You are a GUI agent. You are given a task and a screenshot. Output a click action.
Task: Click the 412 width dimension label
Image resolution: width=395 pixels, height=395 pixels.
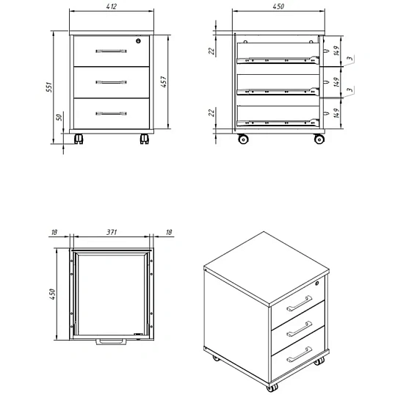[112, 7]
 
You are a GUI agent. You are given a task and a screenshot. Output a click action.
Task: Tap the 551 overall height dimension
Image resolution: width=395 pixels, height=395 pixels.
[49, 87]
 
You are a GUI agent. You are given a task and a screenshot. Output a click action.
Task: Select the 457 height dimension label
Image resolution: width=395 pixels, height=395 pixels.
[164, 81]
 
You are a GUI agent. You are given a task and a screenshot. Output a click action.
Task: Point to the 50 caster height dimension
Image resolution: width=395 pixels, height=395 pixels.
[59, 117]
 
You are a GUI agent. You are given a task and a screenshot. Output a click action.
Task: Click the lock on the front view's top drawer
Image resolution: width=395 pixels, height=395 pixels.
[138, 41]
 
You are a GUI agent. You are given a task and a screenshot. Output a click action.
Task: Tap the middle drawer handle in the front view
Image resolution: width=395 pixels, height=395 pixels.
[111, 82]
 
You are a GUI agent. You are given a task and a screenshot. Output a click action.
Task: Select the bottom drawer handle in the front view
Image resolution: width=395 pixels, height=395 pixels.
[111, 114]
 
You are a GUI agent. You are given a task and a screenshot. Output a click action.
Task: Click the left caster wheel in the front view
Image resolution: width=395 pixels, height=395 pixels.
[79, 139]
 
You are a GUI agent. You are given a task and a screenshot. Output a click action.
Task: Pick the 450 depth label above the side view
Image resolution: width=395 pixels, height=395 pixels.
[278, 7]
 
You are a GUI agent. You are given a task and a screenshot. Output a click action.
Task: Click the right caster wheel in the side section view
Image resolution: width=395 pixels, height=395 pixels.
[319, 139]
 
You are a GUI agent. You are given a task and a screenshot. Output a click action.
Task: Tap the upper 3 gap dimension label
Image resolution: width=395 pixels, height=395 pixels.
[350, 59]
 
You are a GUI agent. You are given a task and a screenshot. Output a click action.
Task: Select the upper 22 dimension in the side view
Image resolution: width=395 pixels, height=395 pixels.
[211, 51]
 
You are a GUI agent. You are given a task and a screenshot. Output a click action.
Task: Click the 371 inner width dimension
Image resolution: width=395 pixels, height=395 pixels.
[112, 232]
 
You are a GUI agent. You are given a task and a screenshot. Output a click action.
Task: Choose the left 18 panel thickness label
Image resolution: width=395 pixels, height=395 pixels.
[54, 232]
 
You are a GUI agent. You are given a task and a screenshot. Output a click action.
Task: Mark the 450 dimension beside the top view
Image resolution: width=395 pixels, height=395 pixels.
[52, 294]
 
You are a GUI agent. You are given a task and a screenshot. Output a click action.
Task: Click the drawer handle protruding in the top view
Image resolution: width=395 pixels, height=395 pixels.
[111, 342]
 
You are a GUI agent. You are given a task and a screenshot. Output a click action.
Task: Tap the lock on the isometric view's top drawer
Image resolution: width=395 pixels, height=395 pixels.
[317, 283]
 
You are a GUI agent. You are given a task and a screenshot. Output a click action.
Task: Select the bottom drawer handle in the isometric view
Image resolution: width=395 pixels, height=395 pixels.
[300, 355]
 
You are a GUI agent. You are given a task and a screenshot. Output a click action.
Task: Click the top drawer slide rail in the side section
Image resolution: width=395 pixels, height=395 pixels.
[278, 60]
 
